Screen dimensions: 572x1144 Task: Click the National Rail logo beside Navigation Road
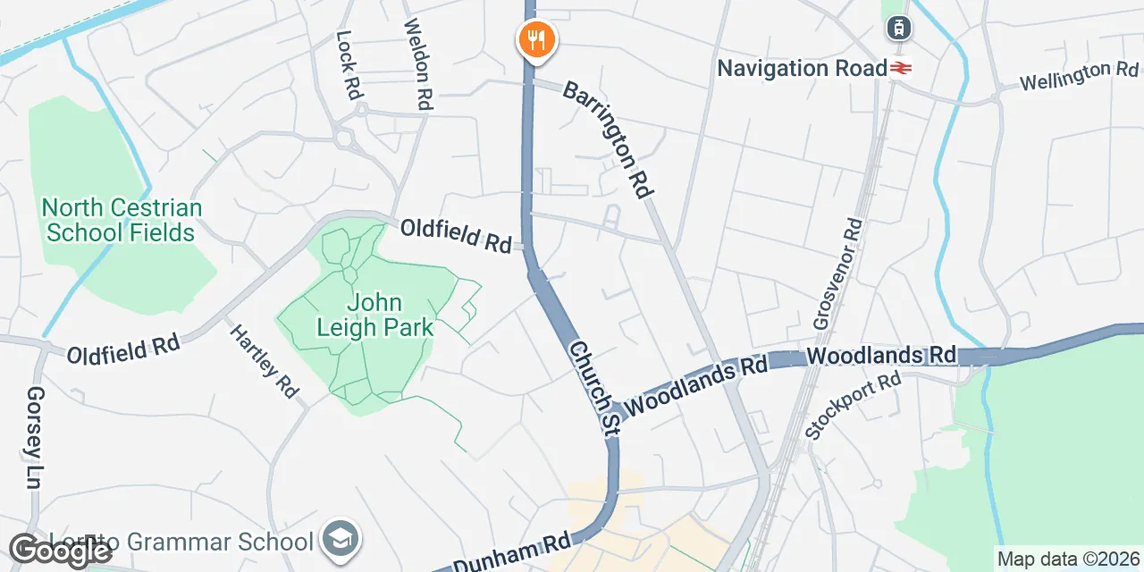(900, 68)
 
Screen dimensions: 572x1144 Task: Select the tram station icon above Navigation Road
(899, 29)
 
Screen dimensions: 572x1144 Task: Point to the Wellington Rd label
(1079, 76)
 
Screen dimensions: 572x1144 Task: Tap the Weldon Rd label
(418, 65)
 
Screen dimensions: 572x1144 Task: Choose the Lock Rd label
(349, 64)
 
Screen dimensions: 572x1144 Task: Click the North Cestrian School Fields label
(122, 221)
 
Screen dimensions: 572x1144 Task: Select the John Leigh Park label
(374, 315)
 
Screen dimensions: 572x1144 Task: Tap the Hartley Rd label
(265, 361)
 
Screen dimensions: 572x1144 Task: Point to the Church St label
(593, 387)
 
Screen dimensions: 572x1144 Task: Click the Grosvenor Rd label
(838, 273)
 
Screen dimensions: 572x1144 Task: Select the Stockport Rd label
(853, 406)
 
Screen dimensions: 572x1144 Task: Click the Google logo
(59, 551)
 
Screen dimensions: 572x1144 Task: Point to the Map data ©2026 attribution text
(1069, 559)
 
